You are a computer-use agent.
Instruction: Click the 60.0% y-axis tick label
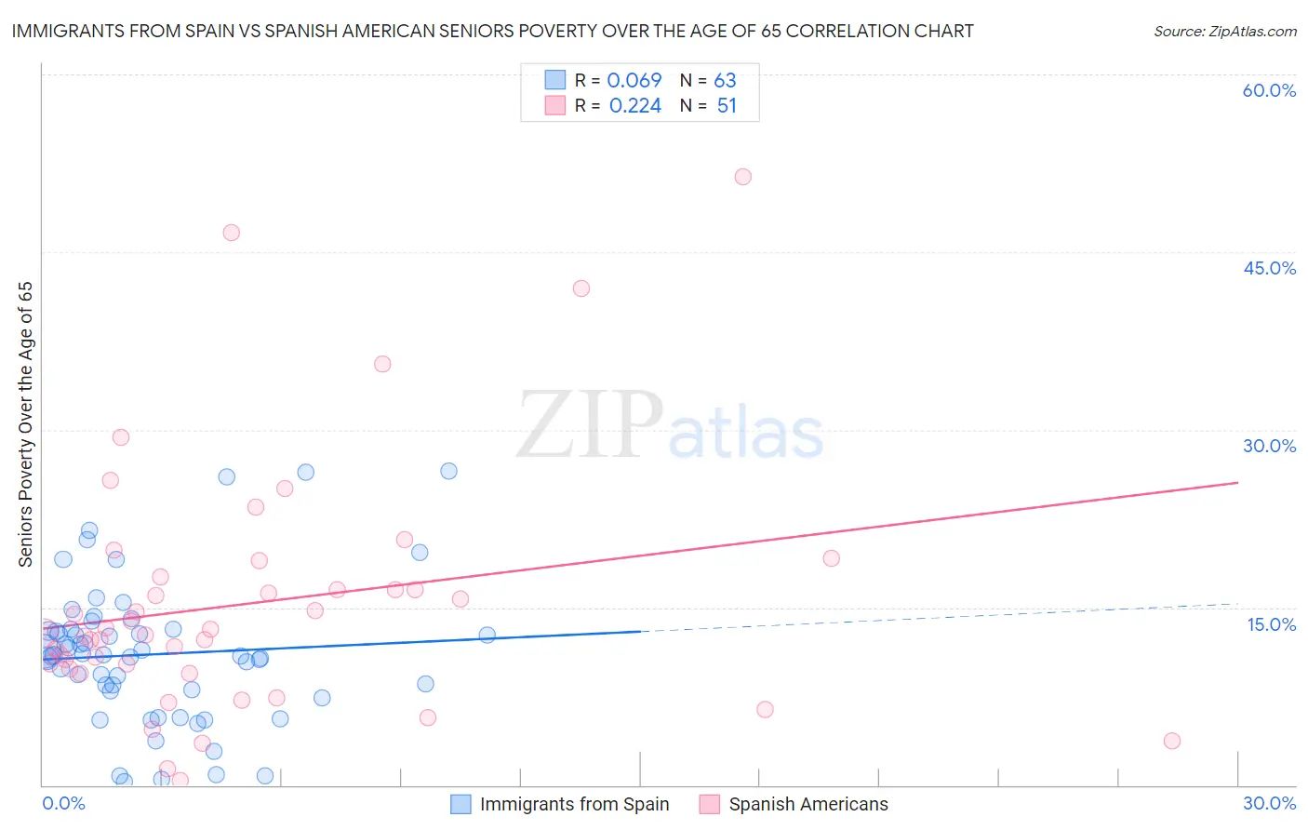tap(1269, 90)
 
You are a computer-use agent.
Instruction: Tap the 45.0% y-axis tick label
tap(1269, 268)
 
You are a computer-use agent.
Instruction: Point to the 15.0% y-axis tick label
tap(1271, 624)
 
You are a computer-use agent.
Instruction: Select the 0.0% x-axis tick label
tap(63, 804)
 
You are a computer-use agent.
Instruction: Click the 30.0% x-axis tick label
tap(1269, 804)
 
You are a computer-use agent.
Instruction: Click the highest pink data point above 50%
tap(742, 177)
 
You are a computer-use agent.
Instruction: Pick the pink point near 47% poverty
tap(231, 233)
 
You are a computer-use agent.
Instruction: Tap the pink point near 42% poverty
tap(581, 288)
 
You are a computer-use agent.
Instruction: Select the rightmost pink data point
tap(1172, 741)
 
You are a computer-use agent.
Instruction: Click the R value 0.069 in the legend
tap(634, 81)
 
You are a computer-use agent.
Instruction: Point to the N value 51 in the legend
tap(727, 106)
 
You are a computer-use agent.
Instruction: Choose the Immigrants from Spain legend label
tap(574, 805)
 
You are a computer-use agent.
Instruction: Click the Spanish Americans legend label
tap(808, 805)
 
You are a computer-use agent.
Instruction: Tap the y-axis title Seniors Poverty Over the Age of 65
tap(26, 424)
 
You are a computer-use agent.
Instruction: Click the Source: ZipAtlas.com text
tap(1224, 32)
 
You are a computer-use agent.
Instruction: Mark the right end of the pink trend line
tap(1237, 482)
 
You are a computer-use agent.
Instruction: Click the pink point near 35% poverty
tap(382, 364)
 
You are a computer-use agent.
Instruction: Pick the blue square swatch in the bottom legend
tap(460, 805)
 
